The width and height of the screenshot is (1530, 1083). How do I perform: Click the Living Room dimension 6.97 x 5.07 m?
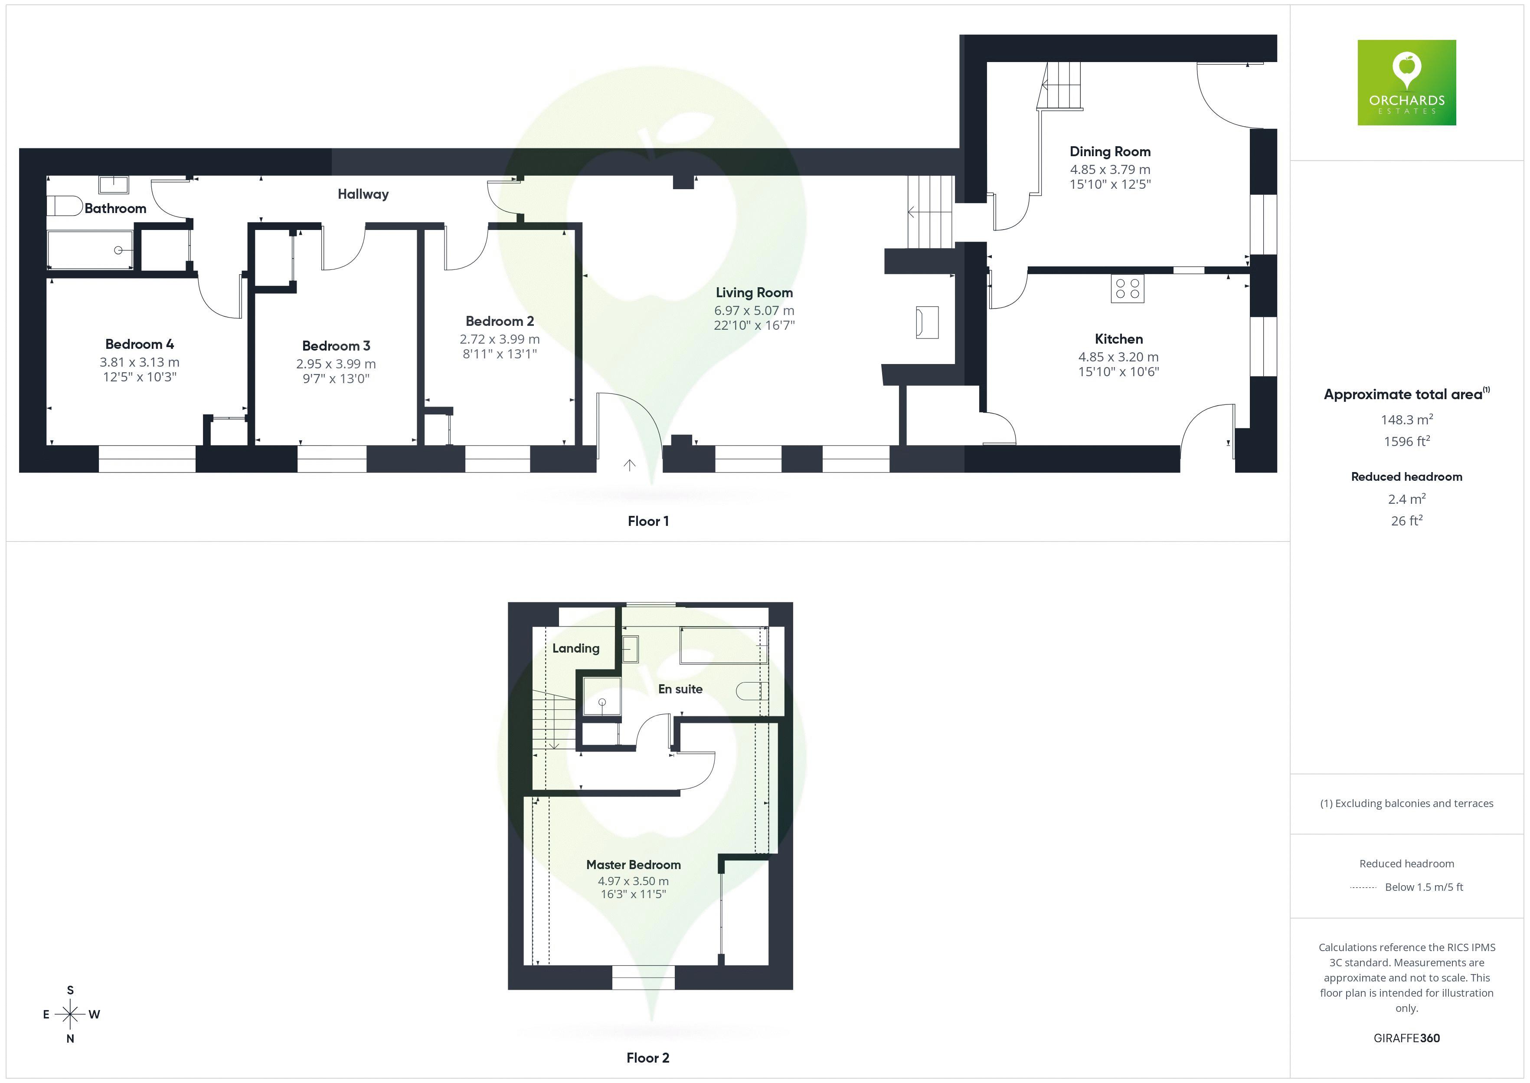(x=754, y=311)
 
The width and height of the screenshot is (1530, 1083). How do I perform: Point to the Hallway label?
(x=363, y=194)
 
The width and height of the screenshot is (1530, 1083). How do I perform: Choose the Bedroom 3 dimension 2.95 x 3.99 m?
(x=336, y=364)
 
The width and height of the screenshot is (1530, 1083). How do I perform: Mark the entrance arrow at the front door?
(x=629, y=465)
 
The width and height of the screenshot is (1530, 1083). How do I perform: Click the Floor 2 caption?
(x=648, y=1058)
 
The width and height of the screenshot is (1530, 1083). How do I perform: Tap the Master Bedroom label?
(x=633, y=865)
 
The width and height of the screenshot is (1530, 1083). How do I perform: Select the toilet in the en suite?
(x=751, y=691)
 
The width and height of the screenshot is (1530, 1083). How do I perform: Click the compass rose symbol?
(x=70, y=1014)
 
